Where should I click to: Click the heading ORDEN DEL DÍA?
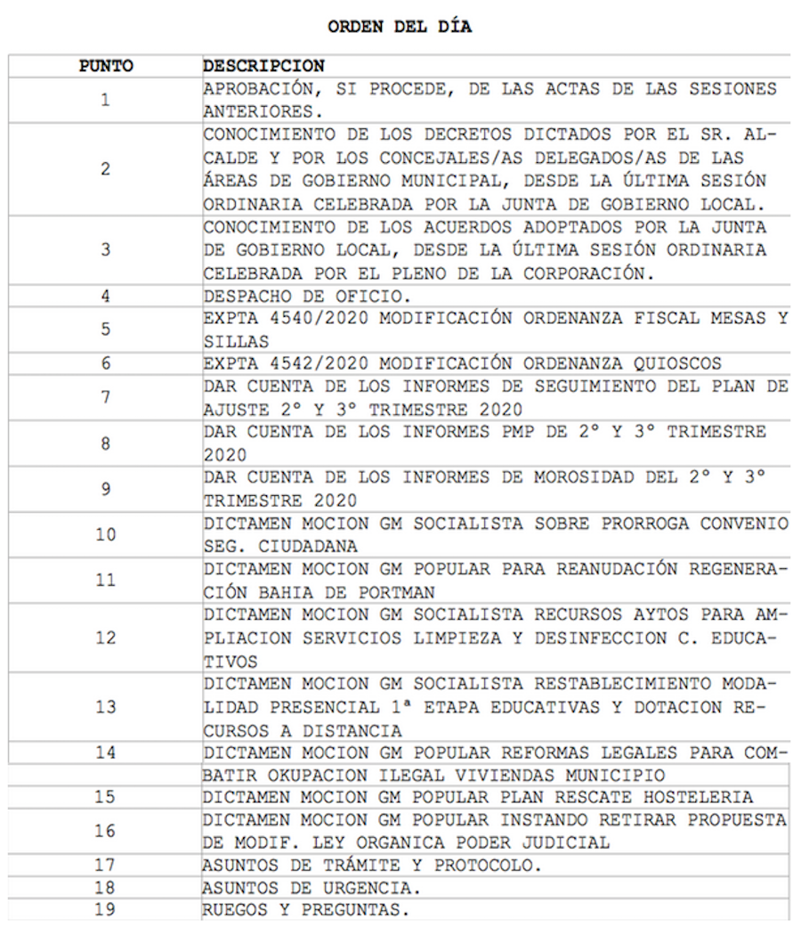(x=400, y=27)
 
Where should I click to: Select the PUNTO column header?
(x=106, y=66)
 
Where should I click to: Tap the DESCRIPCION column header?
(x=263, y=66)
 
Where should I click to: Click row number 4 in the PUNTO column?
(x=106, y=297)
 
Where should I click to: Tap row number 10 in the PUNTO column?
(x=106, y=534)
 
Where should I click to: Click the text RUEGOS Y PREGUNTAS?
(x=305, y=910)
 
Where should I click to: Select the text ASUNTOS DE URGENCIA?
(x=311, y=888)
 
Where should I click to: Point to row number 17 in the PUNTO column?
(x=106, y=865)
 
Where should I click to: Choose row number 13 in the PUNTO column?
(x=106, y=706)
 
